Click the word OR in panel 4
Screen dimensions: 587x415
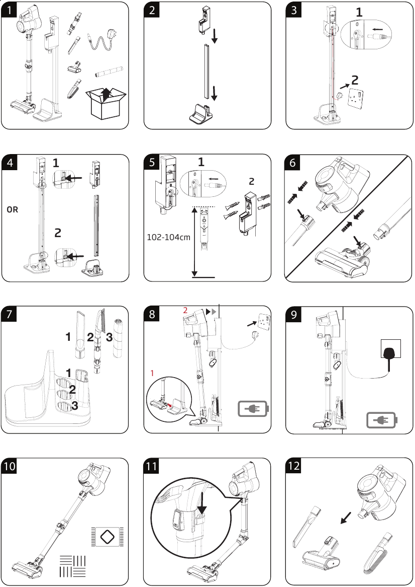point(13,209)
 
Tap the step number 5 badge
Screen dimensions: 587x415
point(152,163)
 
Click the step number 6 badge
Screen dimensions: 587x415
point(294,163)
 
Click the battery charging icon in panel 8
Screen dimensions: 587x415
point(254,410)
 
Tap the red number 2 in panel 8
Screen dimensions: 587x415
point(185,311)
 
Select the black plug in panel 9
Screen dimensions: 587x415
point(390,355)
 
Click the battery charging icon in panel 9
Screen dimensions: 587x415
point(381,419)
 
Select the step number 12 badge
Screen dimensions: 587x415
point(294,466)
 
